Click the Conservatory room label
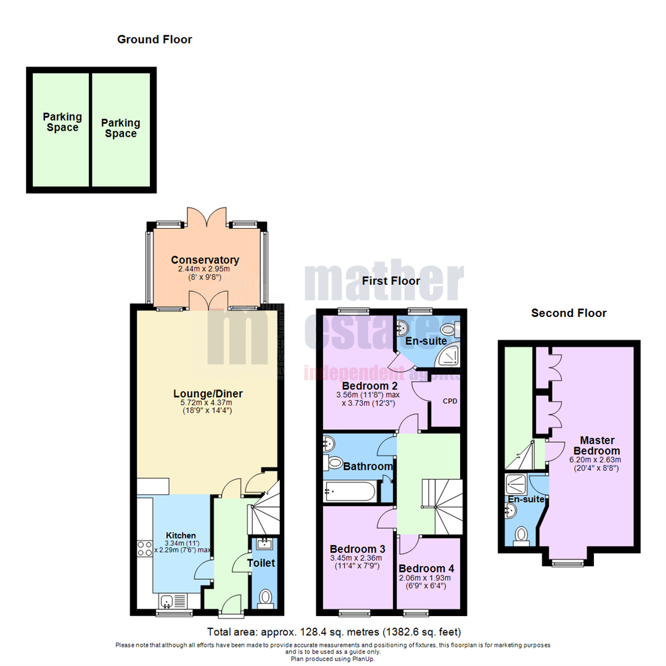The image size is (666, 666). (x=205, y=260)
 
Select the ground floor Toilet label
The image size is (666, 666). (x=261, y=562)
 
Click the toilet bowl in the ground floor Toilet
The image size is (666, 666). (x=265, y=597)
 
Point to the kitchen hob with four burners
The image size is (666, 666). (x=144, y=548)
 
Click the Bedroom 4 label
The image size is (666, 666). (x=425, y=568)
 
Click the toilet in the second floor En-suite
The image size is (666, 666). (x=522, y=534)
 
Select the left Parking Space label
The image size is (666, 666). (x=60, y=122)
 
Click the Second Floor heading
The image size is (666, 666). (x=569, y=313)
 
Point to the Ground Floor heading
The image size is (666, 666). (x=155, y=39)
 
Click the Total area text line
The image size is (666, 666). (x=333, y=632)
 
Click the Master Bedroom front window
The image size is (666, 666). (x=568, y=562)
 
